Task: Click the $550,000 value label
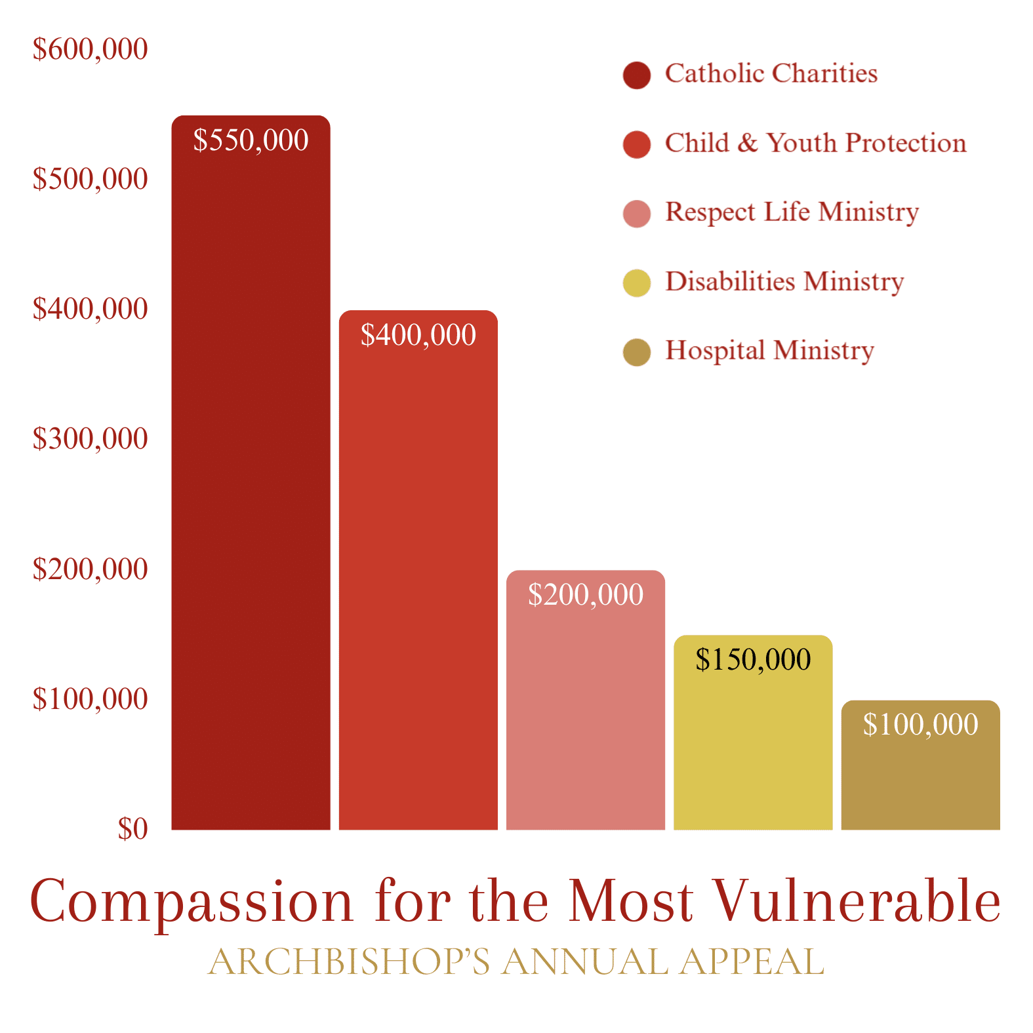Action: pyautogui.click(x=251, y=140)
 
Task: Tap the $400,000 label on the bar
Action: pyautogui.click(x=418, y=335)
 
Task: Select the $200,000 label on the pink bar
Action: pyautogui.click(x=585, y=595)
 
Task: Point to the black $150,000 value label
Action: pyautogui.click(x=753, y=660)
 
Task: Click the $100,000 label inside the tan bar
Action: pyautogui.click(x=920, y=725)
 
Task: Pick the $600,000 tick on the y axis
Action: pyautogui.click(x=91, y=49)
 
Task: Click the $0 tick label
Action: pyautogui.click(x=132, y=829)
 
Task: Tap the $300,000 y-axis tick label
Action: pyautogui.click(x=91, y=439)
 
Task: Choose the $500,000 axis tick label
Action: pyautogui.click(x=91, y=179)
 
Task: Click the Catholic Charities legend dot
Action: pyautogui.click(x=636, y=75)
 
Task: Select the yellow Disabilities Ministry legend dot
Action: pyautogui.click(x=636, y=283)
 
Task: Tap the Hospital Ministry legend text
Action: pyautogui.click(x=769, y=351)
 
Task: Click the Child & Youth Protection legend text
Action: pyautogui.click(x=815, y=143)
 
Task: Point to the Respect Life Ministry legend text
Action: pyautogui.click(x=792, y=213)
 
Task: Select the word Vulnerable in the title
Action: pyautogui.click(x=857, y=901)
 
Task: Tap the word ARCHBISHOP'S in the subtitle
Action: pyautogui.click(x=348, y=962)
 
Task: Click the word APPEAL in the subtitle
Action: pyautogui.click(x=752, y=962)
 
